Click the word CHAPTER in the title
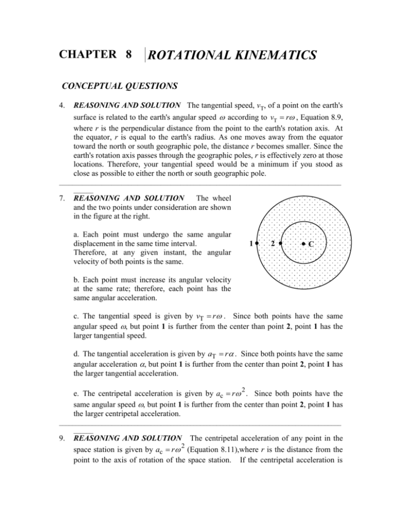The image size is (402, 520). [x=88, y=54]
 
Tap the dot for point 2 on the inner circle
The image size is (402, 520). [x=281, y=244]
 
